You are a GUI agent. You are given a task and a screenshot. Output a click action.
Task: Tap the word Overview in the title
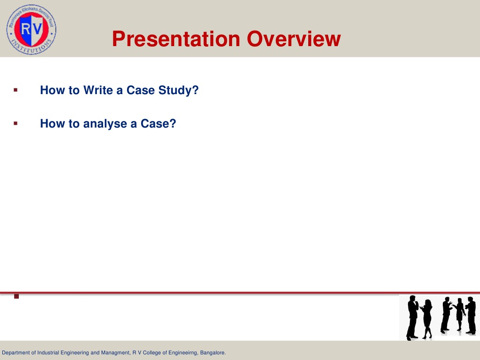[x=294, y=40]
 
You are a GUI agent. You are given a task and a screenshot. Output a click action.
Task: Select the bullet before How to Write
[x=16, y=89]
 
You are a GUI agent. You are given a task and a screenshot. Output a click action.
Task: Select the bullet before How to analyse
[x=16, y=123]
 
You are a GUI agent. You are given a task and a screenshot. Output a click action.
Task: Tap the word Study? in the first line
[x=180, y=90]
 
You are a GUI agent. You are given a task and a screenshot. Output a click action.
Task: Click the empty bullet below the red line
[x=16, y=296]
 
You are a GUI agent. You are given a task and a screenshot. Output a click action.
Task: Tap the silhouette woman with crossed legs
[x=427, y=319]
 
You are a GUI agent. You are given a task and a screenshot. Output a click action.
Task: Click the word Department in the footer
[x=17, y=352]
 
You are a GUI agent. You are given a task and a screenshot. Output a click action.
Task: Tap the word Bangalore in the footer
[x=213, y=352]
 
